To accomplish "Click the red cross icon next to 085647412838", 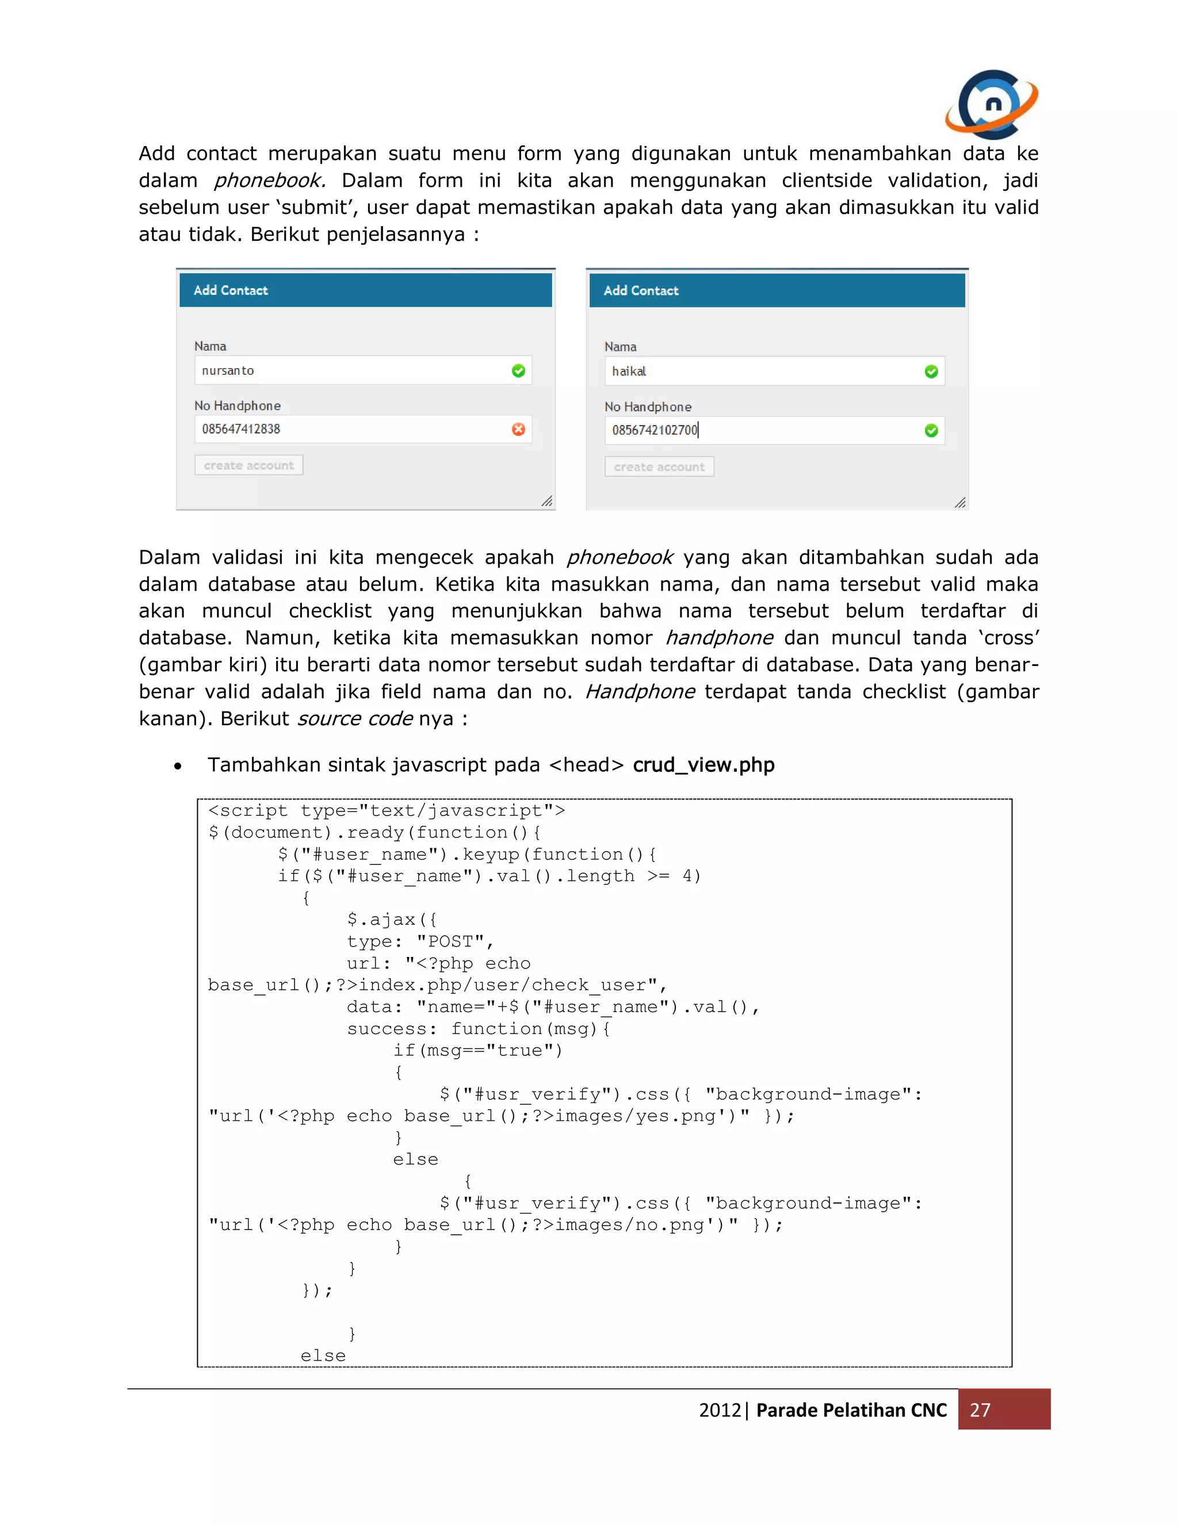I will click(518, 429).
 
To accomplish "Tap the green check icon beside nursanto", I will click(518, 370).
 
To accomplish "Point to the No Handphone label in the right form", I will click(648, 407).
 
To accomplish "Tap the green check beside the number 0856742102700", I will click(931, 431).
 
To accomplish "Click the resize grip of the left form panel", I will click(546, 501).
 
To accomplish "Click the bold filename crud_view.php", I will click(703, 765).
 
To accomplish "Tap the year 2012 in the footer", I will click(720, 1410).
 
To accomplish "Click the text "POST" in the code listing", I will click(450, 941).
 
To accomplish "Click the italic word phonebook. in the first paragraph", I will click(269, 181).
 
